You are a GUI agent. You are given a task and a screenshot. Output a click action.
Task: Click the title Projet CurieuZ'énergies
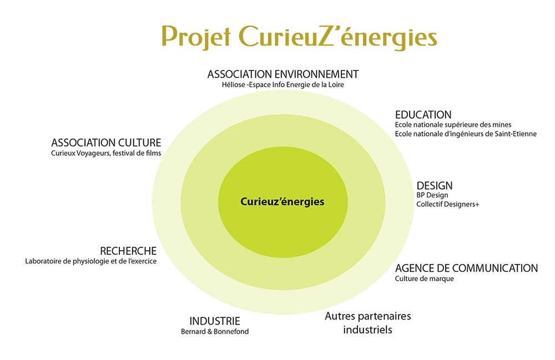[x=300, y=37]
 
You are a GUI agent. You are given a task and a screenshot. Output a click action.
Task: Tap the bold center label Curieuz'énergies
[x=282, y=201]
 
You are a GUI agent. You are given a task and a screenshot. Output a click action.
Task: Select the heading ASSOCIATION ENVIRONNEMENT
[x=283, y=74]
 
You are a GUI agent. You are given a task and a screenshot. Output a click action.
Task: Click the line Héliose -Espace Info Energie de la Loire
[x=283, y=85]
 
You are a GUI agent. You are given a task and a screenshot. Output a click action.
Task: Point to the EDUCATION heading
[x=423, y=115]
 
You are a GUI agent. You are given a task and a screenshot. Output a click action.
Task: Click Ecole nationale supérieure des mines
[x=453, y=124]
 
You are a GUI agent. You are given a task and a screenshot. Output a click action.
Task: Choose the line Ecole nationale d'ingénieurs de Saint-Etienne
[x=466, y=134]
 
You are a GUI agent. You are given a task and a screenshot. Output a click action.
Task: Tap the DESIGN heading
[x=435, y=186]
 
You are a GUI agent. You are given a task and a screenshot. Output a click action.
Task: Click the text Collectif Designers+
[x=448, y=204]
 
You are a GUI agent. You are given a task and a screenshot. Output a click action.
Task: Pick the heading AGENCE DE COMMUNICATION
[x=467, y=268]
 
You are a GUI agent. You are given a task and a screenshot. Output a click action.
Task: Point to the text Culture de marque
[x=425, y=278]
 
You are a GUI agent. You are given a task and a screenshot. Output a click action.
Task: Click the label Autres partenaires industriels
[x=368, y=323]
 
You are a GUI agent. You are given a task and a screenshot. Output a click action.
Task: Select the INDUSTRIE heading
[x=215, y=321]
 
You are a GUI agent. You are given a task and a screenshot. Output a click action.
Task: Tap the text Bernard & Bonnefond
[x=215, y=332]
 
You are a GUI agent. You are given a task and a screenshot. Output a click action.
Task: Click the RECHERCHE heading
[x=128, y=251]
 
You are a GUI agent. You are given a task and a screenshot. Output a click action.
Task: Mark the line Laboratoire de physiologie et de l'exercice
[x=90, y=261]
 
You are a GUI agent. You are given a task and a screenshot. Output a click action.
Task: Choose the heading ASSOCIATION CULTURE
[x=106, y=143]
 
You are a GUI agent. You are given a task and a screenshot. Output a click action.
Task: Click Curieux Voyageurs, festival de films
[x=106, y=153]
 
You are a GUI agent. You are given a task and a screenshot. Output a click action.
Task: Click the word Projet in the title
[x=196, y=37]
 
